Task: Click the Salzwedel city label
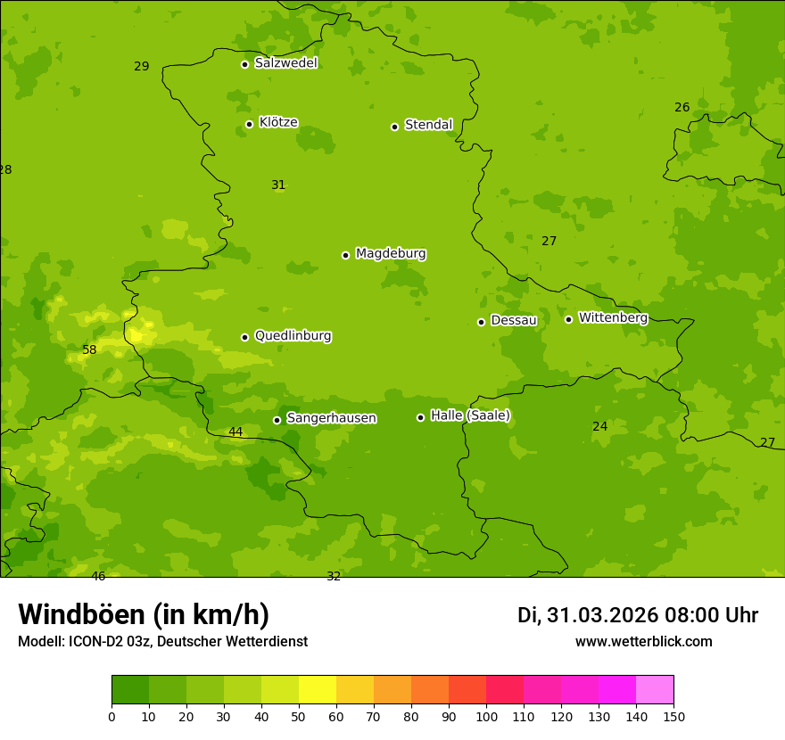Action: [285, 63]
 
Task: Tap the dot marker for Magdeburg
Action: [345, 255]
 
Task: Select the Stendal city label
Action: [428, 125]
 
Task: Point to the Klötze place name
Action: [278, 122]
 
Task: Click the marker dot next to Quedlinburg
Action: [244, 337]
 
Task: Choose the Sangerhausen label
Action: [331, 418]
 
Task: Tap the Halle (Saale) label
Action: [470, 415]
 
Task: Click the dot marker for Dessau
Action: [481, 322]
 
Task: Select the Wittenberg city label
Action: [613, 317]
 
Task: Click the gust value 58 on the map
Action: [89, 350]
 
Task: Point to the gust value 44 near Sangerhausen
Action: [235, 432]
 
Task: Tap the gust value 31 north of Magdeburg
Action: [278, 185]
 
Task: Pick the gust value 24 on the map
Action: [600, 427]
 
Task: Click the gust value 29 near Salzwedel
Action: [142, 67]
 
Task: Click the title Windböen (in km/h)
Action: [144, 614]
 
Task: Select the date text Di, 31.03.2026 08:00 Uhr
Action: [638, 615]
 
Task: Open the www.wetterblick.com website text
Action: [643, 642]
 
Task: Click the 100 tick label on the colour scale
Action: [486, 716]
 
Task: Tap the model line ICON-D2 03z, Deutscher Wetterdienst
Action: [162, 642]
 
